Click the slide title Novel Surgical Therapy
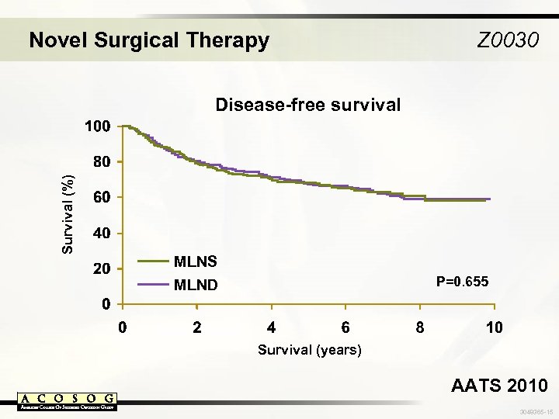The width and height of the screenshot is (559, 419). point(148,40)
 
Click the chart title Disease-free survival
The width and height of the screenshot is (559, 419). point(307,105)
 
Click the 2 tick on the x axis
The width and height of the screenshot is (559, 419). point(197,327)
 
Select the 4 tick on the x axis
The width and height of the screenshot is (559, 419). point(271,327)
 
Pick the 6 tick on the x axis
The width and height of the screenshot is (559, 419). point(345,327)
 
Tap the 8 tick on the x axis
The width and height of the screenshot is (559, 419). point(420,327)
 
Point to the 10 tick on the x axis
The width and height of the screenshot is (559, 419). point(494,327)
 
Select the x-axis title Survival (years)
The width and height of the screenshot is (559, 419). point(310,350)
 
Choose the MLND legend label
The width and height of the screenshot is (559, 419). point(196,285)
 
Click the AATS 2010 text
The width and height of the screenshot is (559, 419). point(499,386)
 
